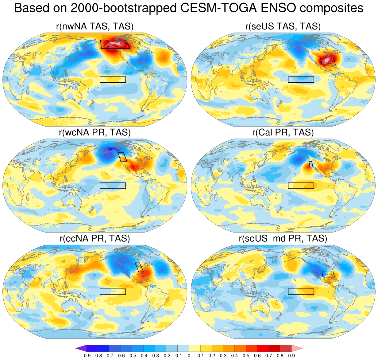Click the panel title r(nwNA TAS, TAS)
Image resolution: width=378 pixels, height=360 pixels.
(x=95, y=26)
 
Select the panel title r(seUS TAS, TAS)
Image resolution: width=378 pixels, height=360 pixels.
(x=283, y=26)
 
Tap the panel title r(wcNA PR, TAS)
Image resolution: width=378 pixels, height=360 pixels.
(x=95, y=132)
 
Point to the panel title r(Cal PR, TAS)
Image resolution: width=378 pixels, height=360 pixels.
(x=283, y=132)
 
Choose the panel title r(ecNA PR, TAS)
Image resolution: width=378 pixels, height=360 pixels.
(x=95, y=238)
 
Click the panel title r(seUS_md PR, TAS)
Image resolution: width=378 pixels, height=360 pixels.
(x=283, y=238)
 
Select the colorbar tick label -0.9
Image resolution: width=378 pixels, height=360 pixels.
(x=87, y=356)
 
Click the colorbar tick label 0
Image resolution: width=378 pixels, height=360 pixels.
(x=189, y=356)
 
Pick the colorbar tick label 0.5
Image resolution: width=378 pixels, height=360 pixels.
(x=246, y=356)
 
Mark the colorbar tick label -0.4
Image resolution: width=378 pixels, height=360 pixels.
(x=143, y=356)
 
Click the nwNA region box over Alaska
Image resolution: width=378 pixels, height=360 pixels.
(x=115, y=44)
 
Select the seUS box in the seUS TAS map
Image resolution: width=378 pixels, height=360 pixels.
(x=328, y=61)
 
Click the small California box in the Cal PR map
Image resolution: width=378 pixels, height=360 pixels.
(x=311, y=164)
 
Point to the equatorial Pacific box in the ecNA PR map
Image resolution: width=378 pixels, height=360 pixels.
(x=113, y=292)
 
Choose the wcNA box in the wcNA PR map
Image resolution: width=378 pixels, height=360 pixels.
(x=122, y=157)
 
